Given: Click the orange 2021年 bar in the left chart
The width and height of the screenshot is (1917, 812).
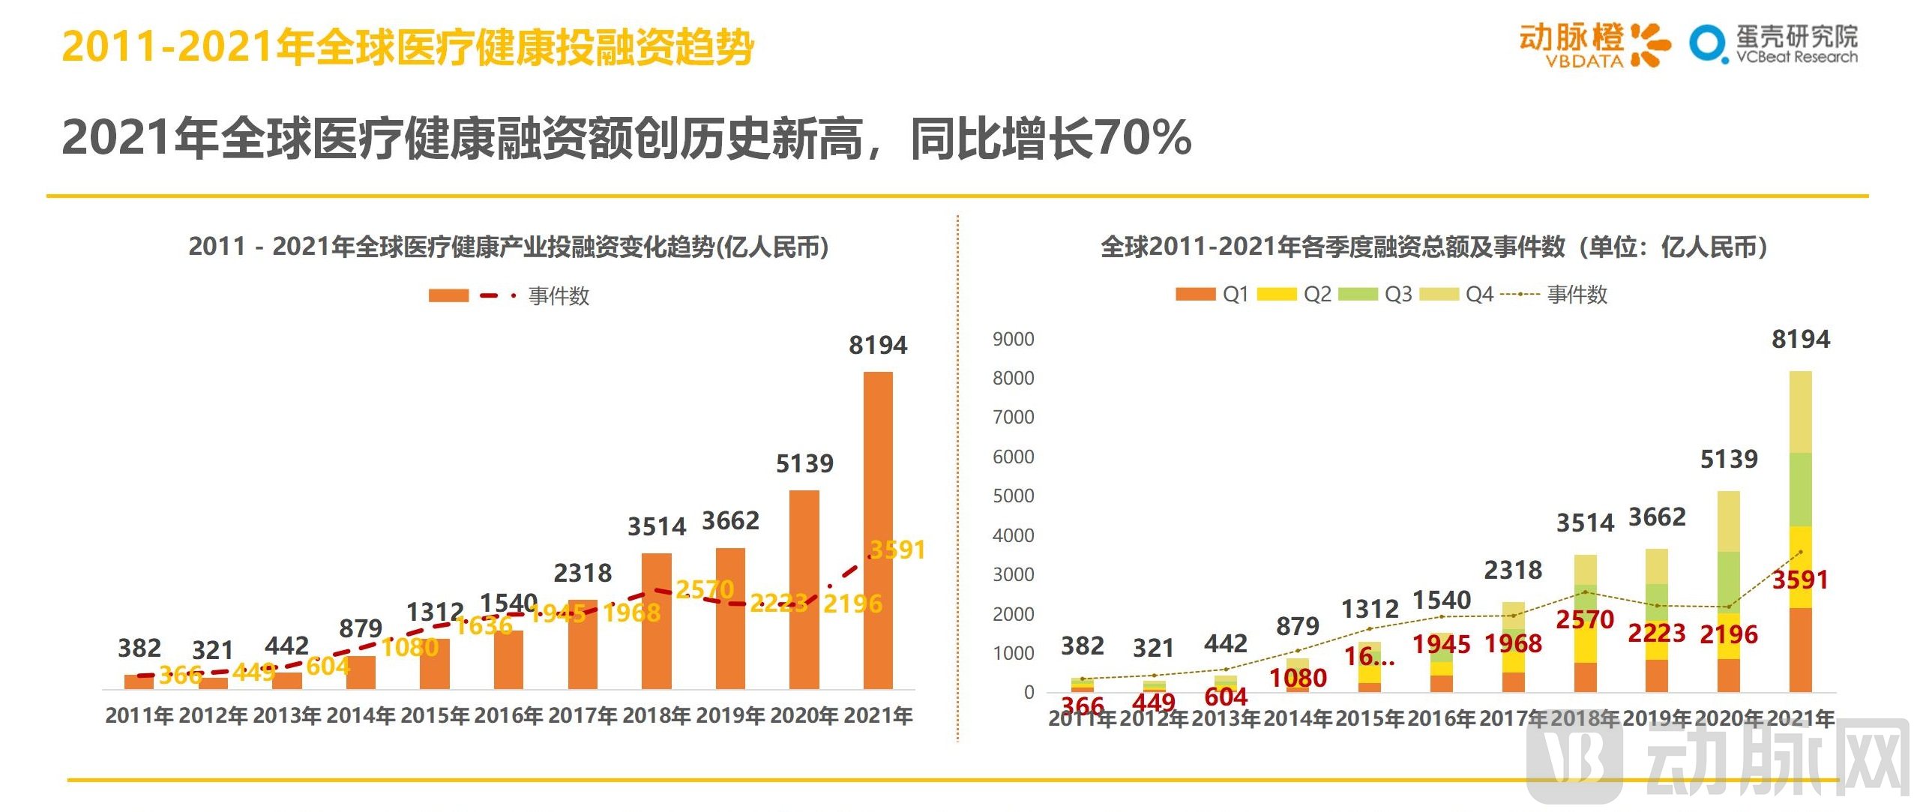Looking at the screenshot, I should pos(878,525).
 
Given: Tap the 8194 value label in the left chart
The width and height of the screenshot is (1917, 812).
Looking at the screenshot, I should pos(878,345).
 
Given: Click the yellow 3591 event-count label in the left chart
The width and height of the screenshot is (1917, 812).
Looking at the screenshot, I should pos(897,550).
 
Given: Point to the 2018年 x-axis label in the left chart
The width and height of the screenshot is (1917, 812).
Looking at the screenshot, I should pos(657,715).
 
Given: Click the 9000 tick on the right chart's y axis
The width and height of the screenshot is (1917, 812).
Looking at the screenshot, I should pos(1013,339).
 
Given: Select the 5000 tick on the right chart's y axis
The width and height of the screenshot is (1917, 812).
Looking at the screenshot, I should pos(1013,496).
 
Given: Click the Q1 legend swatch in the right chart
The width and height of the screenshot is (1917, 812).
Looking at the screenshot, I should pos(1195,294).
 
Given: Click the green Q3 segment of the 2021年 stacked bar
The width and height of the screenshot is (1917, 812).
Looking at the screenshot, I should pos(1800,489).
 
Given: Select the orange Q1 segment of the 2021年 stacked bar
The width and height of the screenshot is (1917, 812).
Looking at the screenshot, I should pos(1800,649).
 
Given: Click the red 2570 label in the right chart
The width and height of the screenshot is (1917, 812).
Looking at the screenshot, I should pos(1584,619).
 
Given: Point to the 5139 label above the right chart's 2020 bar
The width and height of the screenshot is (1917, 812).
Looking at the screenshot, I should pos(1728,459).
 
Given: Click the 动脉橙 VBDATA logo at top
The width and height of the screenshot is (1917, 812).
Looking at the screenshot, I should pos(1594,45).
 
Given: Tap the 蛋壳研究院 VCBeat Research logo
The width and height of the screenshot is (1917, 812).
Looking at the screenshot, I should pos(1774,45).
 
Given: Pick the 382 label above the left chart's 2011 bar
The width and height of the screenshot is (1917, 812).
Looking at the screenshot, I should pos(139,648).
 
